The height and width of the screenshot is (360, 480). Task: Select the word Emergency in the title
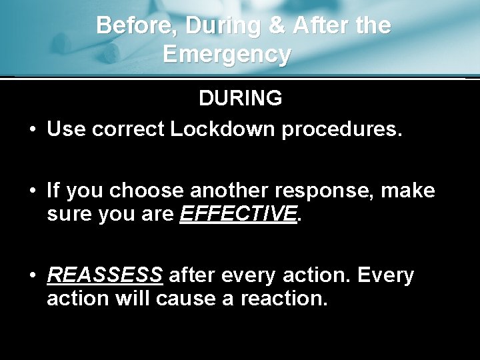pyautogui.click(x=227, y=53)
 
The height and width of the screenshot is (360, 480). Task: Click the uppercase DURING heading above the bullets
pyautogui.click(x=240, y=98)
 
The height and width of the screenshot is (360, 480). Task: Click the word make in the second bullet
pyautogui.click(x=412, y=192)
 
